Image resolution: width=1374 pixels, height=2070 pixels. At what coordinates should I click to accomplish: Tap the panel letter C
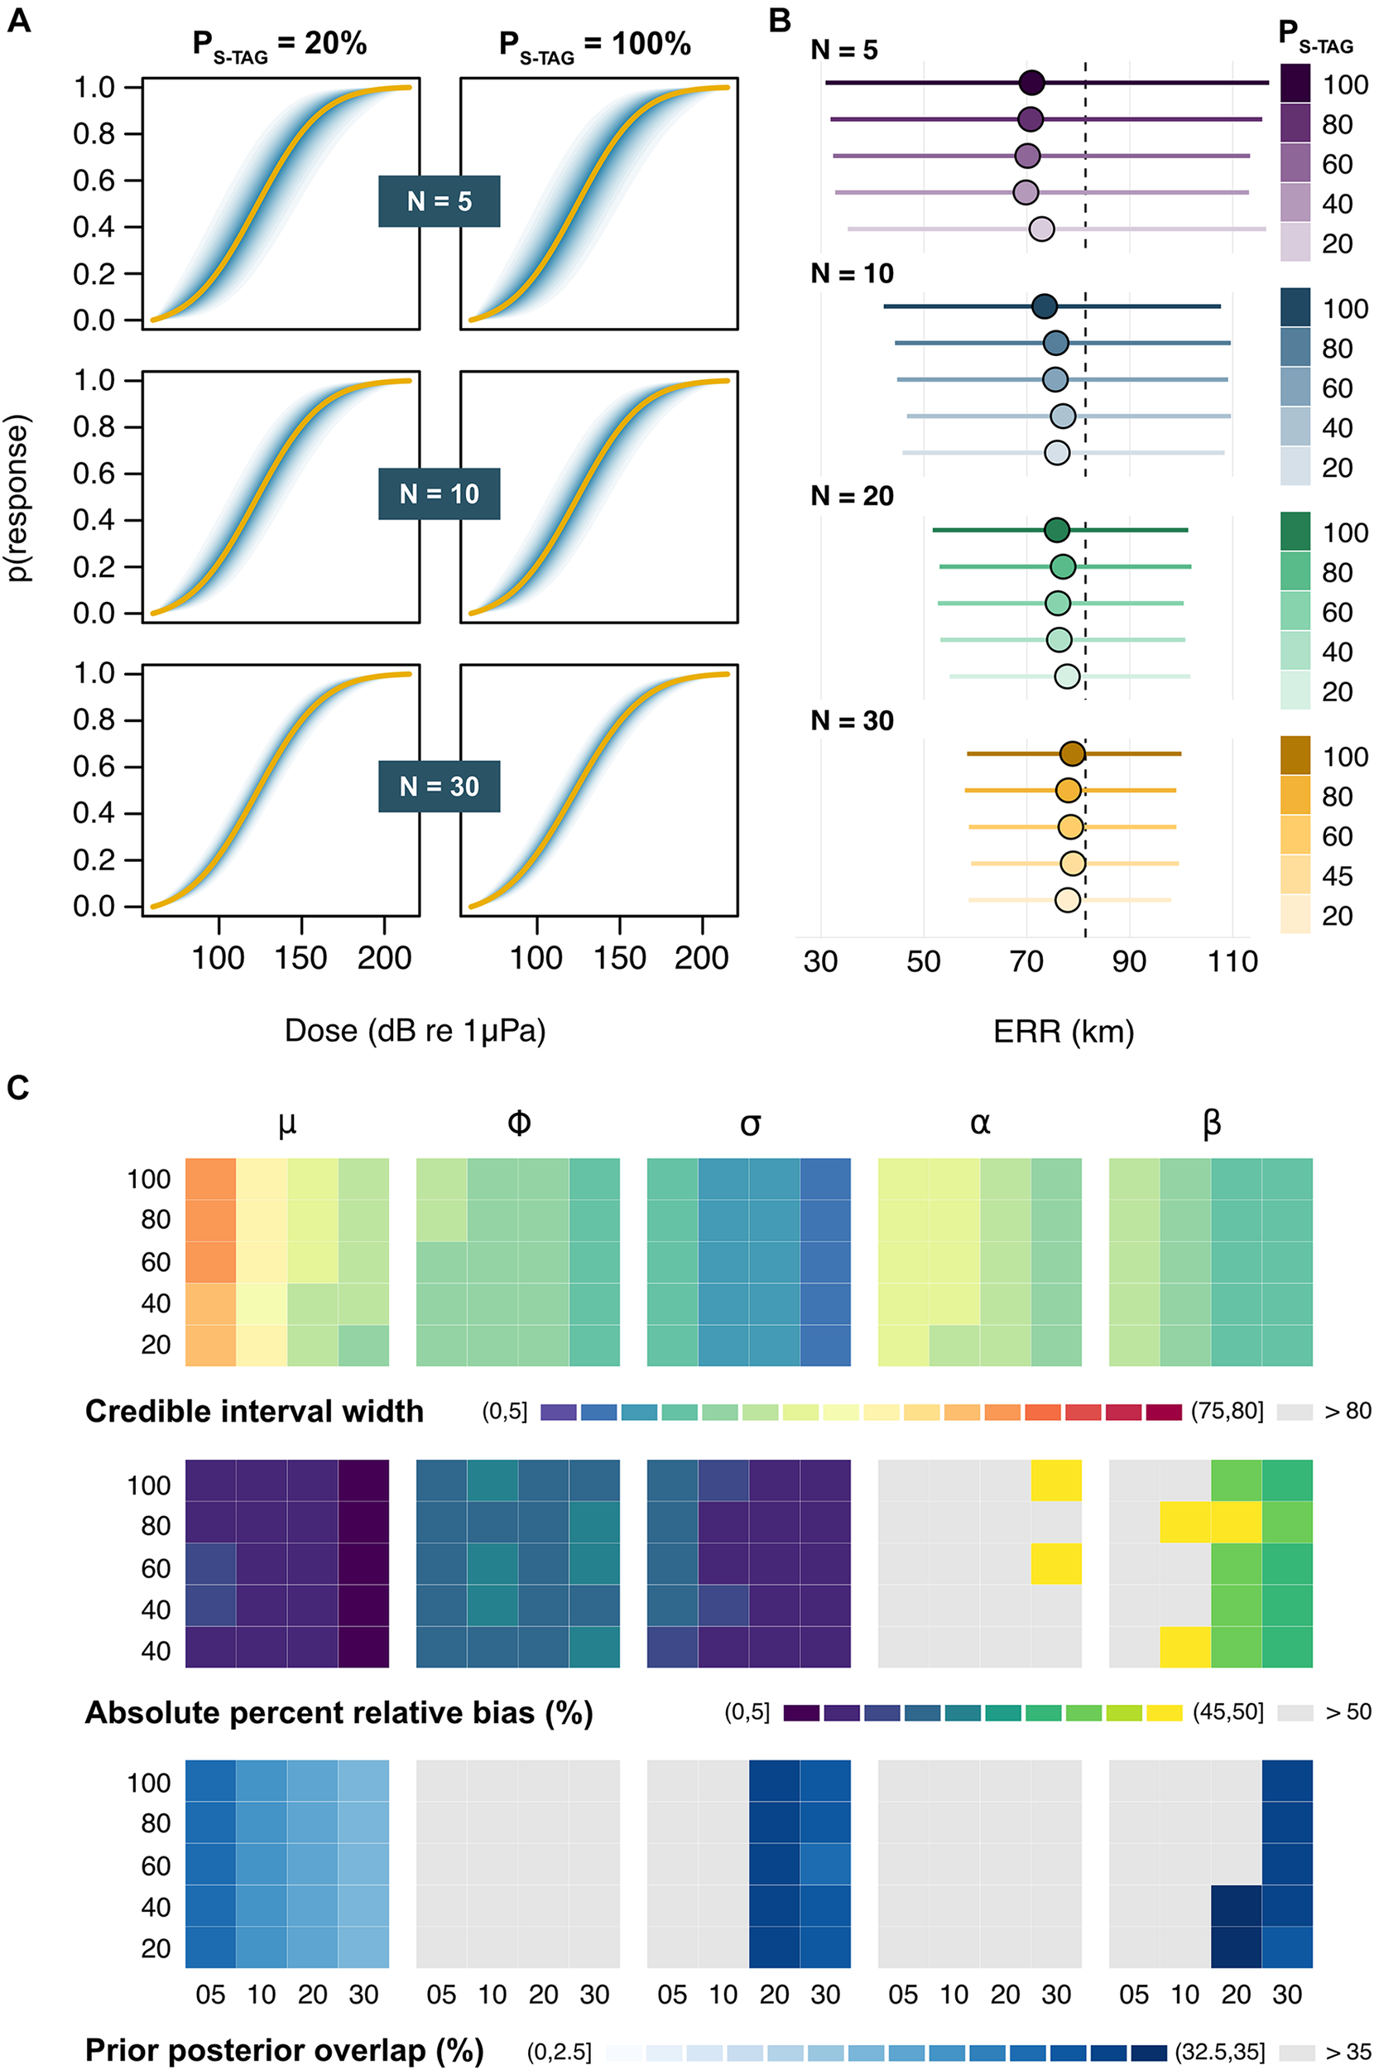pyautogui.click(x=18, y=1088)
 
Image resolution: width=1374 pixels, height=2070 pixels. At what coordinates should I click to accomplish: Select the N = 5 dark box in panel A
pyautogui.click(x=439, y=201)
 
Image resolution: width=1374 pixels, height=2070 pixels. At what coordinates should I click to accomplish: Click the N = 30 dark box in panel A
pyautogui.click(x=439, y=786)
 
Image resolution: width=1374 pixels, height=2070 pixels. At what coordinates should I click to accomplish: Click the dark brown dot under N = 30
pyautogui.click(x=1073, y=753)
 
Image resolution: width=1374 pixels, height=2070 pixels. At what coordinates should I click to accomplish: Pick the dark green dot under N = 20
pyautogui.click(x=1058, y=530)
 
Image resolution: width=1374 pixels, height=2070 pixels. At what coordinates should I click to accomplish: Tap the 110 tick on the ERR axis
pyautogui.click(x=1232, y=961)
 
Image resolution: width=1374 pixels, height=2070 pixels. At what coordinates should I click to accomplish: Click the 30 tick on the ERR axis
pyautogui.click(x=820, y=961)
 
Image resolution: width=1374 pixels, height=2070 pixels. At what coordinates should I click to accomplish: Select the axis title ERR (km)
pyautogui.click(x=1064, y=1032)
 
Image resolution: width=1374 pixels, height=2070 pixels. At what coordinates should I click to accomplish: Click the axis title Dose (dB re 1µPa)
pyautogui.click(x=415, y=1031)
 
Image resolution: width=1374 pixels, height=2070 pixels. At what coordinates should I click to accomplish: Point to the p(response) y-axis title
pyautogui.click(x=19, y=498)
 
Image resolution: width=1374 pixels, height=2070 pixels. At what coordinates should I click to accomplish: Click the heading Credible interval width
pyautogui.click(x=254, y=1411)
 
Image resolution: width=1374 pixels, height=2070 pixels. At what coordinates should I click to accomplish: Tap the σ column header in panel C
pyautogui.click(x=749, y=1124)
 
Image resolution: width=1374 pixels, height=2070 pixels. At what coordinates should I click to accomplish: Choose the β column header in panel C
pyautogui.click(x=1211, y=1124)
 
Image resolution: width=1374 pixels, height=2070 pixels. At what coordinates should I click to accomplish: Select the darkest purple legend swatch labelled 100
pyautogui.click(x=1295, y=84)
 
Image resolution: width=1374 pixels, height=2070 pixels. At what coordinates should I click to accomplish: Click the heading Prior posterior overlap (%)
pyautogui.click(x=284, y=2050)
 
